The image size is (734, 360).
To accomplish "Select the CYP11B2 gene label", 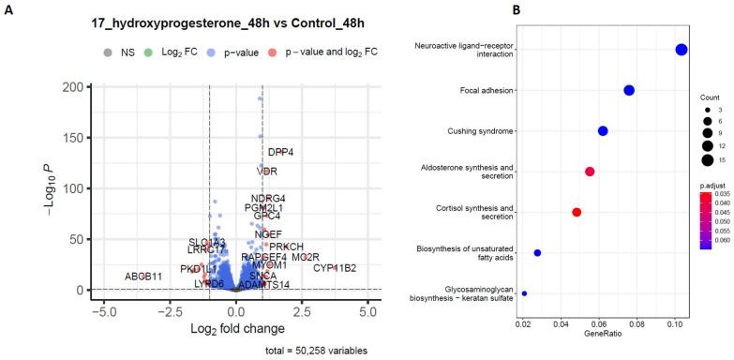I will point(335,268).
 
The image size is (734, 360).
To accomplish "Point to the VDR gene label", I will point(267,172).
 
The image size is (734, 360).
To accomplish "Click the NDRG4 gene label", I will point(268,198).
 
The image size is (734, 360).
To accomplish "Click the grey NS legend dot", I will point(108,52).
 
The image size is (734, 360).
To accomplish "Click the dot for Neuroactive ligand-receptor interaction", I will point(682,50).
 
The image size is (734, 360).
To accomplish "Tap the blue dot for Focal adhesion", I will point(629,90).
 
